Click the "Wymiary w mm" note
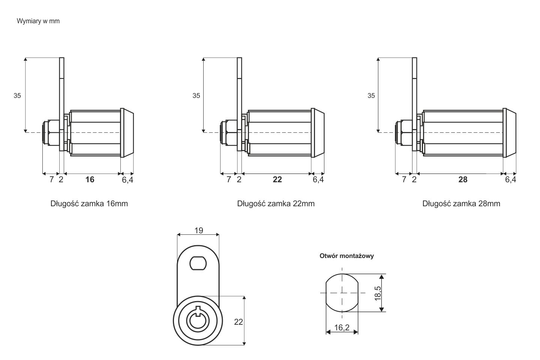coord(38,21)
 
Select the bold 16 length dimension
coord(90,180)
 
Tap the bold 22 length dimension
coord(277,180)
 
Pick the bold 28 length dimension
coord(463,180)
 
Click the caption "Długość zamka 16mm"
coord(89,204)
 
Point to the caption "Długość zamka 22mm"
coord(276,204)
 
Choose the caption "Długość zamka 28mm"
coord(461,204)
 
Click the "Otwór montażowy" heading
coord(346,256)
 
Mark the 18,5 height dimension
coord(378,293)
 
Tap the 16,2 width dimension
coord(341,328)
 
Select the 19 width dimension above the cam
coord(199,230)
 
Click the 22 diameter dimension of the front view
coord(238,322)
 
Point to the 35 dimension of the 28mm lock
coord(371,96)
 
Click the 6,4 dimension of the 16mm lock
coord(127,180)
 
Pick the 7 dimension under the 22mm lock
coord(229,180)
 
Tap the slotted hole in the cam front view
coord(198,263)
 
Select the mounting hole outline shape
coord(342,292)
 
